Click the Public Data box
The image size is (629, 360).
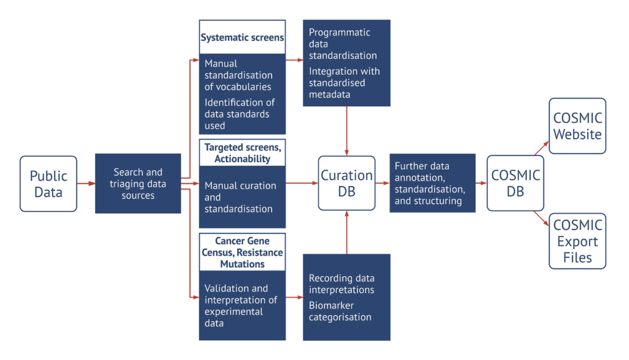point(48,184)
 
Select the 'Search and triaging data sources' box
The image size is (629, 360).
point(138,184)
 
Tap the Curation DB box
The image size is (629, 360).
point(346,183)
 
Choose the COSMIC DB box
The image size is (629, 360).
point(515,183)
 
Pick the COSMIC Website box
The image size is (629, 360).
point(577,125)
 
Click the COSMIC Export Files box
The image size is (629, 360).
point(577,241)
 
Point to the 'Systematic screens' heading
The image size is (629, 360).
point(242,37)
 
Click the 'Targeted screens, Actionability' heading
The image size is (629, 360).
point(242,153)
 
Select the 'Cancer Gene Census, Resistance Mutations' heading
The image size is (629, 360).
point(242,252)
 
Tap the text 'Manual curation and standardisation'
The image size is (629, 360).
point(240,197)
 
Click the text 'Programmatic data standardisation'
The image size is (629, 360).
point(343,44)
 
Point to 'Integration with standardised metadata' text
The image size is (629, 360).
point(344,83)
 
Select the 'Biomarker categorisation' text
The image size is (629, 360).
point(340,311)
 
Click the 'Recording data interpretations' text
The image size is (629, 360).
point(342,284)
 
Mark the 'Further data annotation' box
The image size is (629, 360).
point(432,183)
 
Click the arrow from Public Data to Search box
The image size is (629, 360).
point(86,184)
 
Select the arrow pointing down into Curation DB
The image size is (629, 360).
point(346,131)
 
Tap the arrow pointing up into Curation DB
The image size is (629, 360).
point(346,232)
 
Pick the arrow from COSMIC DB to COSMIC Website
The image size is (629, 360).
point(542,148)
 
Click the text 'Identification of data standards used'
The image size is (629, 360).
point(240,114)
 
